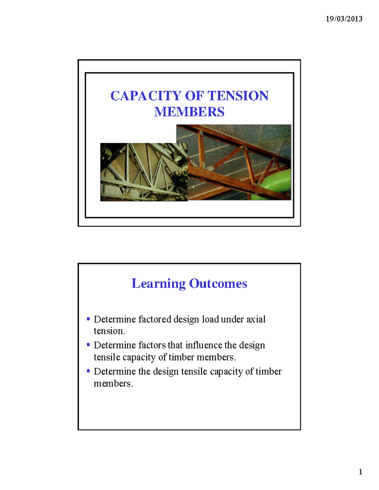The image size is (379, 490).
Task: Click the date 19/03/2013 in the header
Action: point(344,19)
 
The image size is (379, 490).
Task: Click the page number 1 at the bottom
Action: point(360,472)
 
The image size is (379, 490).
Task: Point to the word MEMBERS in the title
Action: point(189,112)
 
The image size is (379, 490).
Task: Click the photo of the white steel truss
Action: point(144,172)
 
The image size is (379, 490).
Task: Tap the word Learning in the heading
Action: point(159,284)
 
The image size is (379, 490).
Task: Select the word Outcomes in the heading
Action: point(218,284)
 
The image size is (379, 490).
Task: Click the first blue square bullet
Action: point(88,319)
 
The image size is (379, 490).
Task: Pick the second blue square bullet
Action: point(88,345)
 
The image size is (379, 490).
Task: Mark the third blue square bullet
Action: point(88,371)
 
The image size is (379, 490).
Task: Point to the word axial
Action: point(256,319)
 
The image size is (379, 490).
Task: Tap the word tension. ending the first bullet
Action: point(109,331)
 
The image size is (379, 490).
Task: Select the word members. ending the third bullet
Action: point(113,384)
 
